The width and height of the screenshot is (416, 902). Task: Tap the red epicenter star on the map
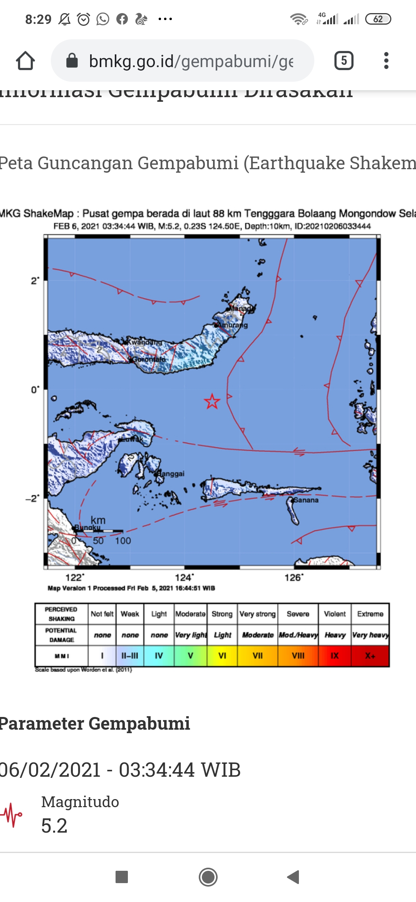[212, 401]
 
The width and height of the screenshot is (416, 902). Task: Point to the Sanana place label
[306, 500]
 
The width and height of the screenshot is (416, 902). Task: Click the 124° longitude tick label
[184, 577]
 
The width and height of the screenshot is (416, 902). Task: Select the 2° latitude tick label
[35, 281]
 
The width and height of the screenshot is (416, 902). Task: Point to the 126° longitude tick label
[294, 577]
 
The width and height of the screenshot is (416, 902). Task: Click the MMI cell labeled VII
[258, 656]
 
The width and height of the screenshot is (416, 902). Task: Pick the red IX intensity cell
[335, 656]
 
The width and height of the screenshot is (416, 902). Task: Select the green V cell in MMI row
[190, 656]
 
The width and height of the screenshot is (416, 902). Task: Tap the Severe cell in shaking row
[298, 614]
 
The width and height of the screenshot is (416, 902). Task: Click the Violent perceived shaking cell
[335, 614]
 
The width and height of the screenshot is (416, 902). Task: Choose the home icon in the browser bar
[25, 61]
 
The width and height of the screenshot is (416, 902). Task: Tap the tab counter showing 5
[344, 61]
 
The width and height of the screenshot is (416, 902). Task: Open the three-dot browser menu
[386, 61]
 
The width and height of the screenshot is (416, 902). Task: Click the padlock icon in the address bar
[72, 61]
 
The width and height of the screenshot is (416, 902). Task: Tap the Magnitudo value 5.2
[54, 826]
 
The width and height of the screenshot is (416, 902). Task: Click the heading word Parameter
[42, 724]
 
